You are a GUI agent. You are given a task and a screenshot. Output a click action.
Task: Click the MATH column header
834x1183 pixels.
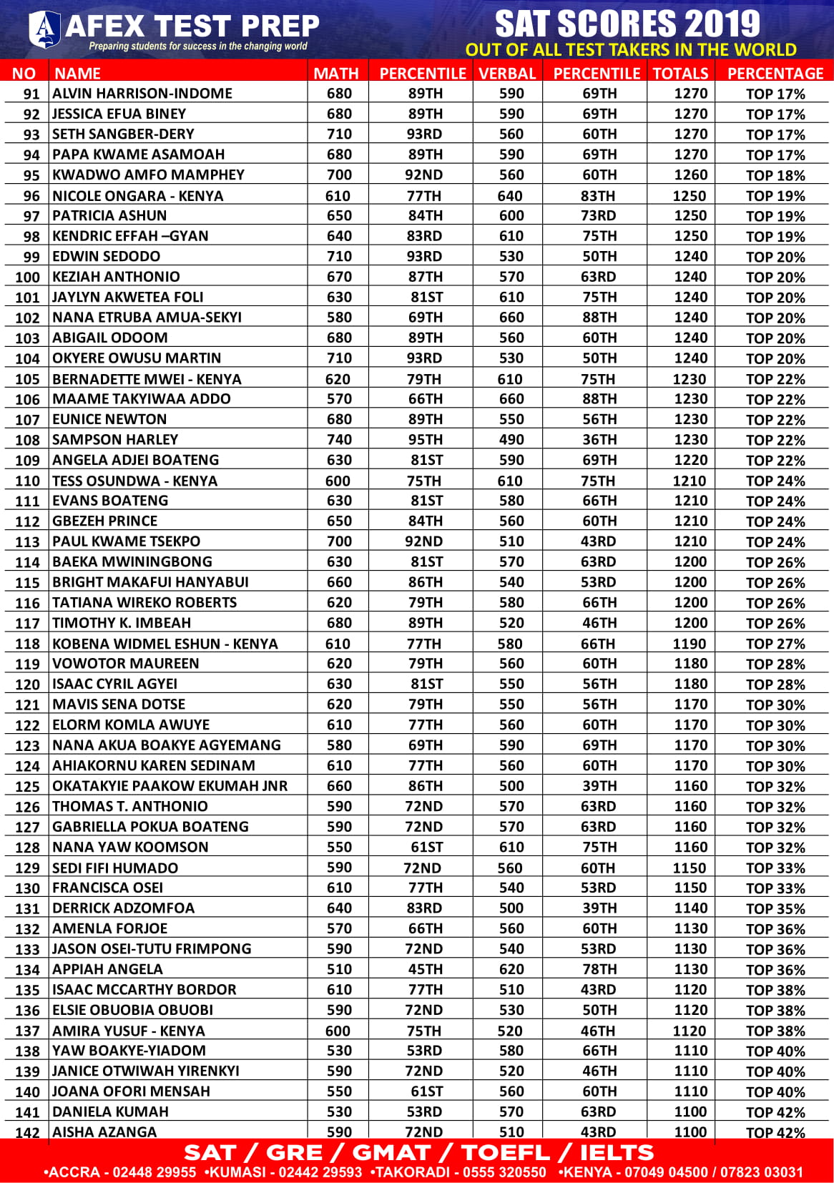click(x=336, y=73)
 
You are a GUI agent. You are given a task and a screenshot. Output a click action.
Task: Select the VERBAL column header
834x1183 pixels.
click(x=507, y=73)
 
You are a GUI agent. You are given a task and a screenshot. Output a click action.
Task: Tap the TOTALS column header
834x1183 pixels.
click(x=680, y=73)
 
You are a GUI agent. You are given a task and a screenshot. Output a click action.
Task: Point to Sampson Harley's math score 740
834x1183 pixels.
click(x=339, y=439)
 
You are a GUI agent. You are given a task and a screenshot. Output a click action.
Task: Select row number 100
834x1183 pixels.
click(x=27, y=277)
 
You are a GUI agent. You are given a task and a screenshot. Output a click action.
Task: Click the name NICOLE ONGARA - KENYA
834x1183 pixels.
click(x=137, y=195)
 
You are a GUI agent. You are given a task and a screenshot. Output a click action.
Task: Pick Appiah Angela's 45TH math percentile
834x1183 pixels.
click(x=425, y=969)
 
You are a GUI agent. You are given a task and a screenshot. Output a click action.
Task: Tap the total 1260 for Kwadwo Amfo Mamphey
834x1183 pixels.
click(x=690, y=175)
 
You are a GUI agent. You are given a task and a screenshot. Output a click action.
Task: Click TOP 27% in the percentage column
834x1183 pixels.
click(x=775, y=644)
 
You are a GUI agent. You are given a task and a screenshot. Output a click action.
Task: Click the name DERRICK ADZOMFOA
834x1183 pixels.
click(x=123, y=908)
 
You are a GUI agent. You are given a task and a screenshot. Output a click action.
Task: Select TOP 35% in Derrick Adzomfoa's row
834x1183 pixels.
click(x=775, y=908)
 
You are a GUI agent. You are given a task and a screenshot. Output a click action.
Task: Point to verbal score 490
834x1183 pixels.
click(x=511, y=439)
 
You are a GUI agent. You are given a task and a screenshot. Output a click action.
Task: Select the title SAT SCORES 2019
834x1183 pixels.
click(x=627, y=24)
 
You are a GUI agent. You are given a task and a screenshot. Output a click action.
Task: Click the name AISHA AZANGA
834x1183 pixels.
click(x=104, y=1132)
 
